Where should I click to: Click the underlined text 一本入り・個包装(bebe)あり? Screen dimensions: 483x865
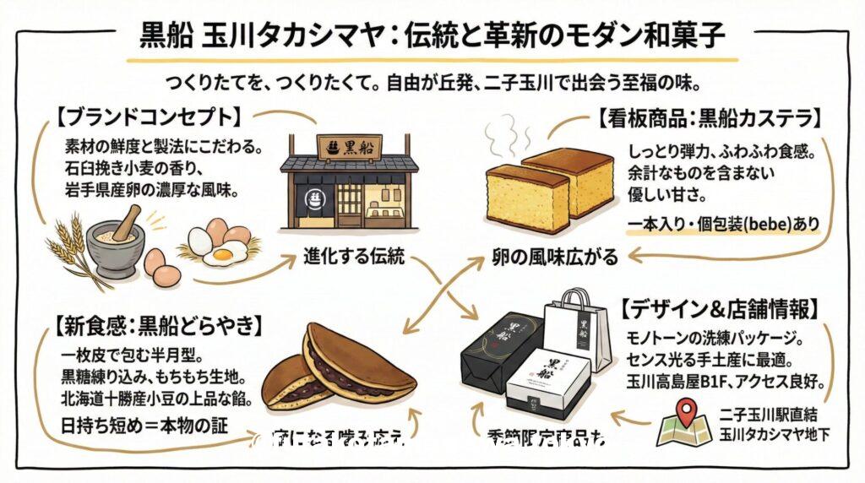pos(722,225)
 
